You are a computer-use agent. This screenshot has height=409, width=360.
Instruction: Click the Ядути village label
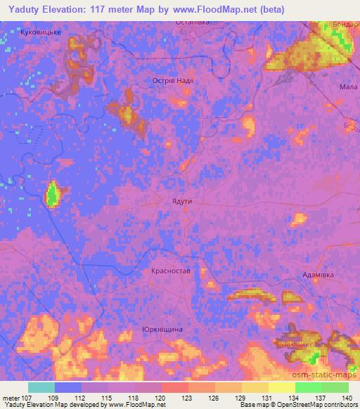coord(181,201)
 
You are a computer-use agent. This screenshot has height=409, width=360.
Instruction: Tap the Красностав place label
coord(171,271)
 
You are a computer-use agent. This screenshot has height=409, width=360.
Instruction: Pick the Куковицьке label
coord(42,32)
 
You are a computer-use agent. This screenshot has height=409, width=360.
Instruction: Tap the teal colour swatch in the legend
coord(41,387)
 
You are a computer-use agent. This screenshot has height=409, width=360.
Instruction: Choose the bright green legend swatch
coord(309,387)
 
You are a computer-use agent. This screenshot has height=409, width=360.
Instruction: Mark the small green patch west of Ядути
coord(53,194)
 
